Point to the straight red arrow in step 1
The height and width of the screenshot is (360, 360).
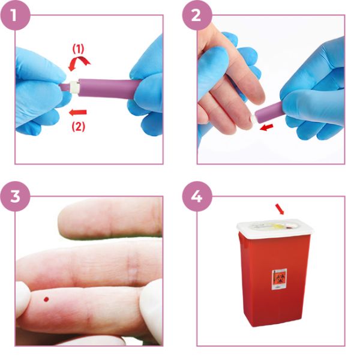click(79, 112)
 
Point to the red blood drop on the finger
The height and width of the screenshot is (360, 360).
click(46, 298)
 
